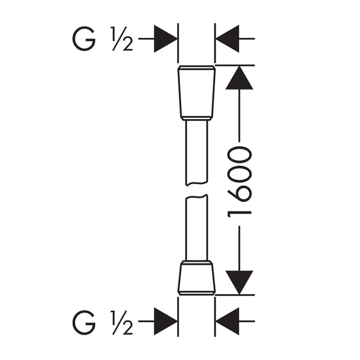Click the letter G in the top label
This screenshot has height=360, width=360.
tap(83, 39)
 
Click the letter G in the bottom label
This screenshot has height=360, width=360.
tap(83, 322)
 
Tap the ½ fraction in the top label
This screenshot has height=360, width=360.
tap(121, 39)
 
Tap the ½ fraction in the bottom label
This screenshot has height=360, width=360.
tap(121, 322)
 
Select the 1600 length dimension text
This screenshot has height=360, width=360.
tap(239, 182)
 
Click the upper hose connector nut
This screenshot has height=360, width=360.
tap(197, 93)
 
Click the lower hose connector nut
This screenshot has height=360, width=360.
tap(197, 278)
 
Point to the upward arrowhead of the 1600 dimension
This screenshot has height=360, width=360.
tap(239, 78)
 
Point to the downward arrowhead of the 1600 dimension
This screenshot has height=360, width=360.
tap(239, 282)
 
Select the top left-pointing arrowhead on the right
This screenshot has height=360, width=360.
tap(227, 39)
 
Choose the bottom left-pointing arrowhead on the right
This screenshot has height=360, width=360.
tap(227, 321)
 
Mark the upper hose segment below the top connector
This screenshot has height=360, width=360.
tap(197, 152)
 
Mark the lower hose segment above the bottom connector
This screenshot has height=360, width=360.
tap(197, 228)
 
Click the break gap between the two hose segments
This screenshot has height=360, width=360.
tap(197, 190)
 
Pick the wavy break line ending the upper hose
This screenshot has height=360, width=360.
tap(197, 184)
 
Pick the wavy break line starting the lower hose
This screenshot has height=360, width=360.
tap(197, 197)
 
